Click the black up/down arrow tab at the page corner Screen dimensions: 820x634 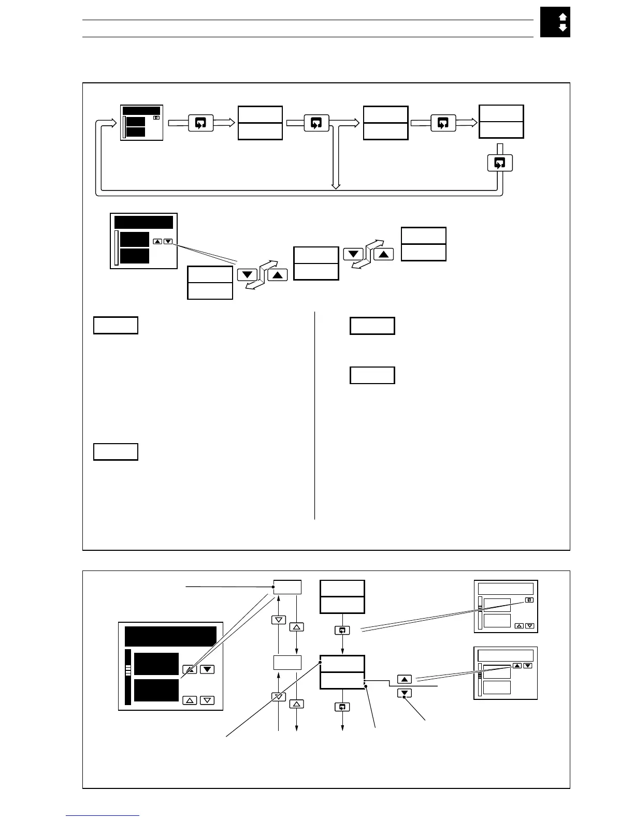[555, 22]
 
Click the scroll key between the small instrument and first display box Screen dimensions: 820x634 [200, 123]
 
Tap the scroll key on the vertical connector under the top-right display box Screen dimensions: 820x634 [499, 163]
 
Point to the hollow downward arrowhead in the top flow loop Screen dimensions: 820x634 [336, 185]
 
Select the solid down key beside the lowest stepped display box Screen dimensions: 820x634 [247, 275]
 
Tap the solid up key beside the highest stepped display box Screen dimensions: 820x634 [383, 254]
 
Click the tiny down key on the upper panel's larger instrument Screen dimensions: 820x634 [168, 241]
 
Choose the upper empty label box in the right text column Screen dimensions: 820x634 [372, 326]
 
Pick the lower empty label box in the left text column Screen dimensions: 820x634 [116, 451]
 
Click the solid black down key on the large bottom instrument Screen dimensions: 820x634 [207, 669]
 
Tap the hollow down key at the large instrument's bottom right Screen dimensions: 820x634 [207, 700]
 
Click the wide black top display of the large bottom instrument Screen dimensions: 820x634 [170, 636]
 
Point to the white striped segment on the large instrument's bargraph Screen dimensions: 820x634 [128, 670]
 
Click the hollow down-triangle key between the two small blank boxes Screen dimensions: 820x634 [279, 620]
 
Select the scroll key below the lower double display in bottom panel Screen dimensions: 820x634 [342, 707]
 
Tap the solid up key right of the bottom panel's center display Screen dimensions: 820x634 [405, 679]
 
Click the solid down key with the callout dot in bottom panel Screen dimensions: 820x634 [405, 693]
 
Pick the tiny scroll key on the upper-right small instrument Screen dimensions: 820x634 [528, 600]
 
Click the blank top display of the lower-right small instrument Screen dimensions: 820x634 [505, 655]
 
